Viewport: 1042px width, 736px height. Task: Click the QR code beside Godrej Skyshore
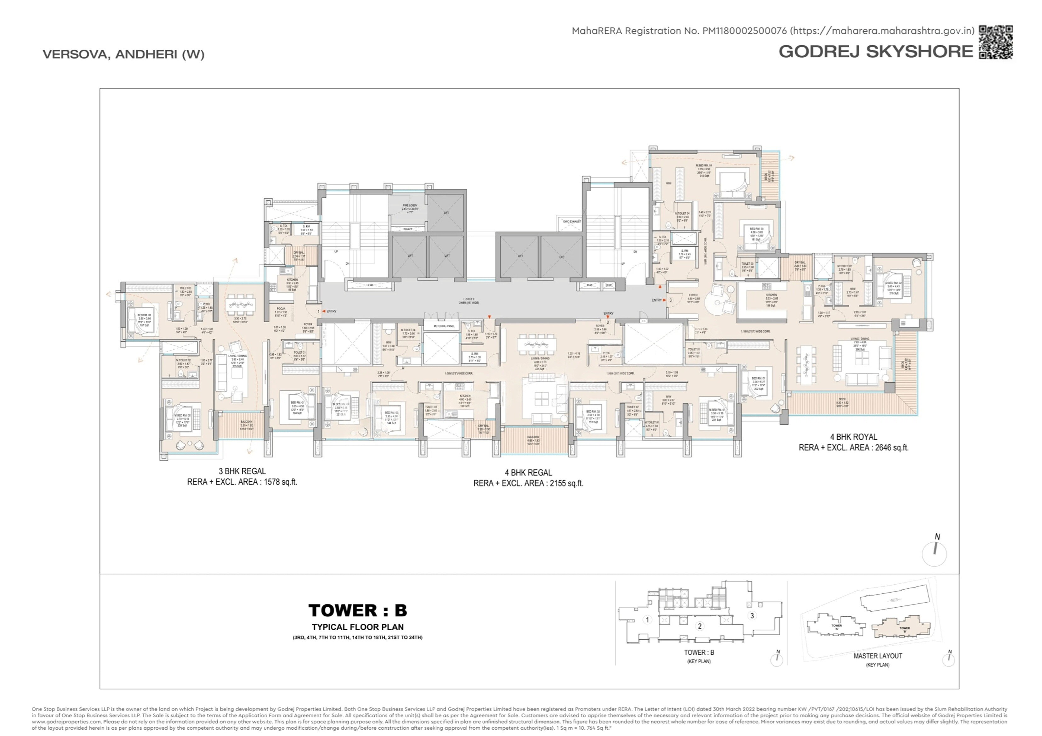[996, 42]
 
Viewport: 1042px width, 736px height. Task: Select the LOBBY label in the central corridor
[469, 299]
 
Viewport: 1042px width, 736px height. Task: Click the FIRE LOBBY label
[410, 205]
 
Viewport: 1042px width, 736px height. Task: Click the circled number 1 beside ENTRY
[319, 312]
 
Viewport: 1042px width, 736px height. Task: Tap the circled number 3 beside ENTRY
[670, 300]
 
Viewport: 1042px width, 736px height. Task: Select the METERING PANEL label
[444, 326]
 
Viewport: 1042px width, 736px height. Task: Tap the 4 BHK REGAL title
[528, 473]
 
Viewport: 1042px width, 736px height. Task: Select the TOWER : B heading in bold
[358, 610]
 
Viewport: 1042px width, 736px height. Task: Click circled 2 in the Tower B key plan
[699, 626]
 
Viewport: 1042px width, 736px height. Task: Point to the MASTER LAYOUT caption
[877, 656]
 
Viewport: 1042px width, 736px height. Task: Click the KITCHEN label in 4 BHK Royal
[771, 295]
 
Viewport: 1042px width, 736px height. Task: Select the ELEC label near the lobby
[609, 285]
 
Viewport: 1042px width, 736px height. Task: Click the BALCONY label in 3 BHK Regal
[247, 422]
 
